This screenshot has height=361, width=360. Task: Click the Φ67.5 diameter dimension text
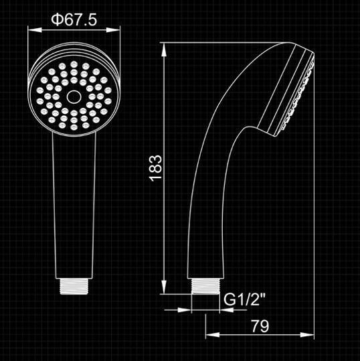click(74, 20)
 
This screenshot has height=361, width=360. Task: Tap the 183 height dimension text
click(155, 169)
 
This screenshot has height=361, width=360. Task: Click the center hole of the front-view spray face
click(74, 96)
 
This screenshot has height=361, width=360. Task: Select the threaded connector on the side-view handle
click(206, 285)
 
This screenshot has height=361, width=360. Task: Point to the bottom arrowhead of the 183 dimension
click(165, 289)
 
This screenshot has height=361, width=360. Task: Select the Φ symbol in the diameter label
click(57, 20)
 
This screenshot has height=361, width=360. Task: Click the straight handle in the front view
click(74, 201)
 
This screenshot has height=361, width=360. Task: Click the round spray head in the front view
click(74, 94)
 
